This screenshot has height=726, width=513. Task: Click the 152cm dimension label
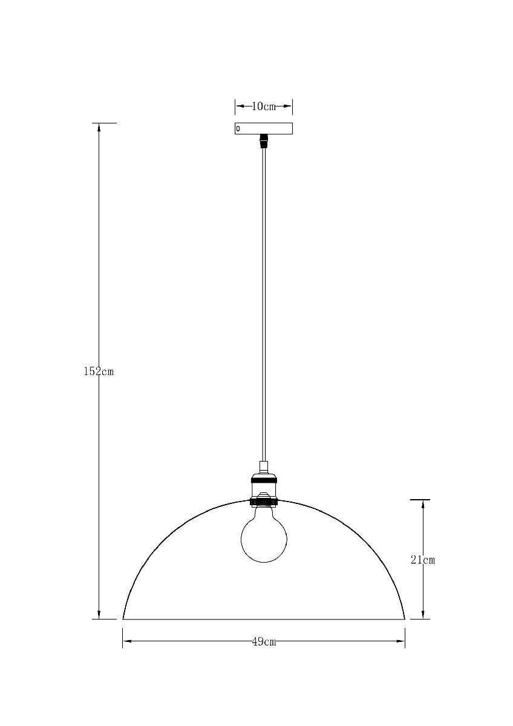(99, 371)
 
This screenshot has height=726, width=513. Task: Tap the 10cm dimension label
(263, 107)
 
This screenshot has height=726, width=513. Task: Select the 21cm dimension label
(423, 560)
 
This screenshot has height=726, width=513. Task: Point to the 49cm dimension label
(264, 642)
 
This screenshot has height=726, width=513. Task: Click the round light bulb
(263, 534)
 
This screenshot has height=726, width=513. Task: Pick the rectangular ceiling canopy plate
(263, 129)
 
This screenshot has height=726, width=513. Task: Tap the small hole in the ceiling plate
(238, 129)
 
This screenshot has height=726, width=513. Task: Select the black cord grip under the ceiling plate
(263, 142)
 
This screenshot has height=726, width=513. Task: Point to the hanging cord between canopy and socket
(263, 302)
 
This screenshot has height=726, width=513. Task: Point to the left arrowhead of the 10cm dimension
(239, 107)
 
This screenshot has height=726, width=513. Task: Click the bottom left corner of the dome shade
(123, 618)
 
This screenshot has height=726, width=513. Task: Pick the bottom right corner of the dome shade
(404, 618)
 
